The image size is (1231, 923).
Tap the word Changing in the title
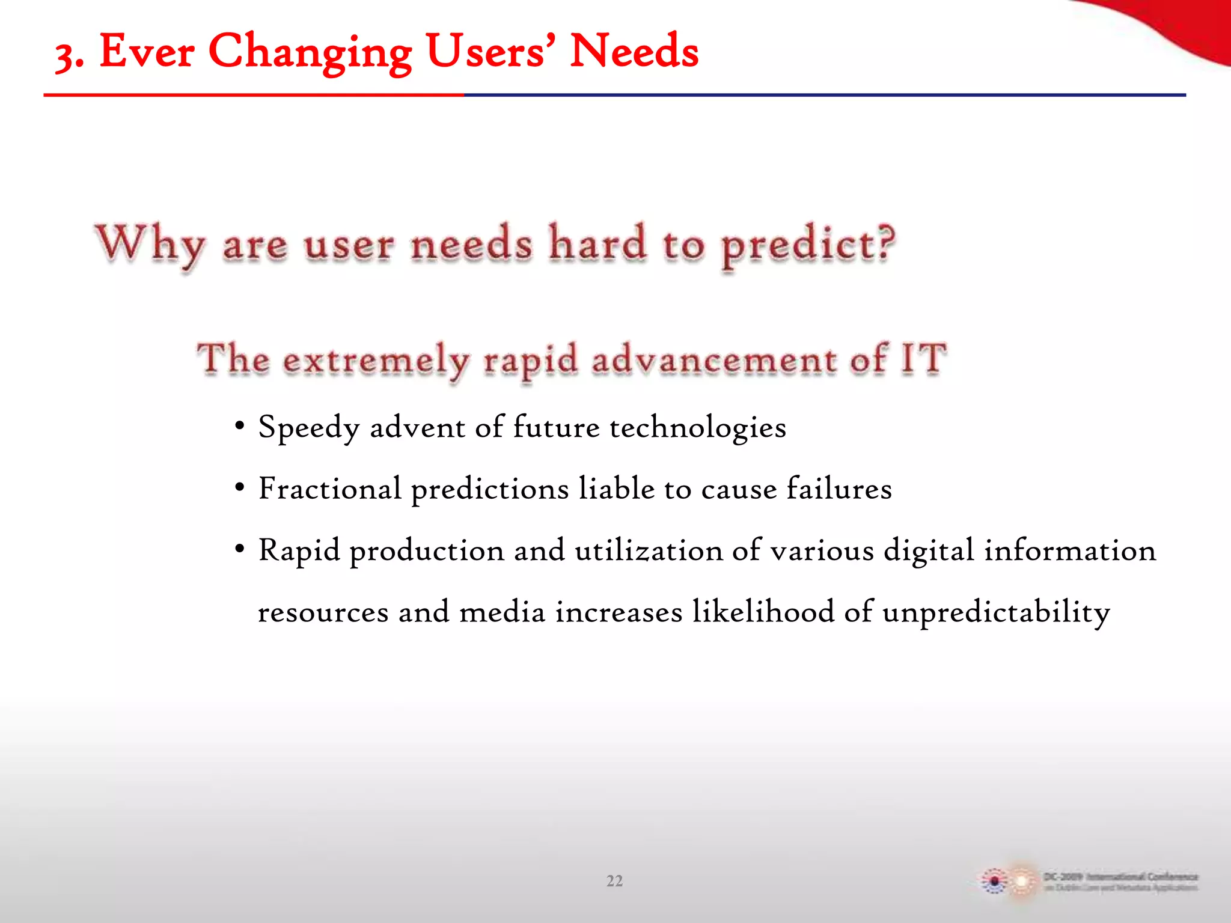pos(310,53)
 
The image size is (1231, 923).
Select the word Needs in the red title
pos(634,52)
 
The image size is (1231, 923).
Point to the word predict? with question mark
pos(808,246)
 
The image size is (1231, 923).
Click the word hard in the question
pos(597,243)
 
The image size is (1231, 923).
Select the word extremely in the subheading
pos(376,361)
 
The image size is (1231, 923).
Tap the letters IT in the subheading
pos(923,359)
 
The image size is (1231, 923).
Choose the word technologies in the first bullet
pos(697,428)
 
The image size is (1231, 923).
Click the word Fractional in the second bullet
pos(329,489)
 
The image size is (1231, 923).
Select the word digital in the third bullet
pos(929,550)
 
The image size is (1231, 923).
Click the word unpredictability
pos(996,612)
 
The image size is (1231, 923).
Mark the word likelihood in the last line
pos(763,611)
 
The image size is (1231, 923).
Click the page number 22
pos(614,881)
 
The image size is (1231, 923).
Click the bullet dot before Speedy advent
pos(240,427)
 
